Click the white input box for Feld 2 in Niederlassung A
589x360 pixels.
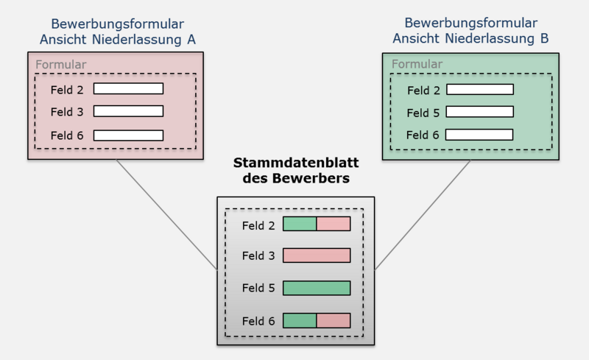click(128, 88)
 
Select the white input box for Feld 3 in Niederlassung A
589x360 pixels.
click(128, 111)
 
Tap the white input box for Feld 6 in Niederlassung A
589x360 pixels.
click(128, 135)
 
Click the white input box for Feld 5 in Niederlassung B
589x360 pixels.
click(480, 113)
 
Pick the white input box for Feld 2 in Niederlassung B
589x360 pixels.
click(480, 90)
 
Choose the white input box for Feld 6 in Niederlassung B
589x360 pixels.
click(480, 135)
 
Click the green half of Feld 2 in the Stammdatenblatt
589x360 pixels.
click(300, 224)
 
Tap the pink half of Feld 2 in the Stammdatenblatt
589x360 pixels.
click(334, 224)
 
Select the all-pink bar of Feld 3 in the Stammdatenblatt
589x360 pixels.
click(317, 255)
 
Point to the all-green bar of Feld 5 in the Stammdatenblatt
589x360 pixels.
click(317, 288)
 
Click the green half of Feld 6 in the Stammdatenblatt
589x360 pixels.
click(300, 320)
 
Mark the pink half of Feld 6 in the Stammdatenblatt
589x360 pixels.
click(334, 320)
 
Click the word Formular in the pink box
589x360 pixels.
click(61, 64)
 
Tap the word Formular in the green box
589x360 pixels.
click(417, 64)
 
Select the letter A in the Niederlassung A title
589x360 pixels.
click(191, 39)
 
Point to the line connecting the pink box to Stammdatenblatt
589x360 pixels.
click(166, 214)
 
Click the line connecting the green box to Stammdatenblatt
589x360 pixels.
click(423, 214)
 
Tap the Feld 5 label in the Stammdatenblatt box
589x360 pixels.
click(258, 288)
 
